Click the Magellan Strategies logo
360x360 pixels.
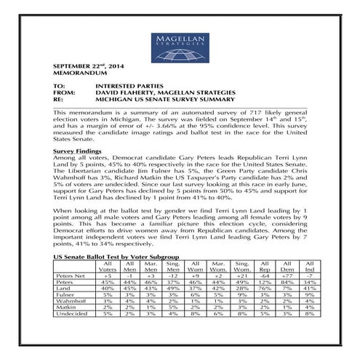[179, 44]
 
